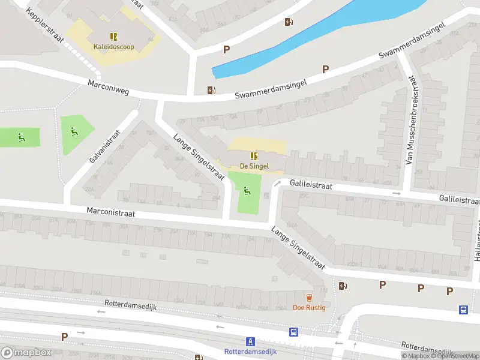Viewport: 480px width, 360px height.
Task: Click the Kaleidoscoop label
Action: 113,46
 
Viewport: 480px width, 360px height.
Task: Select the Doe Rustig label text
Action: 309,308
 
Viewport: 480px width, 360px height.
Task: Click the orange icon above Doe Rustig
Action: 309,298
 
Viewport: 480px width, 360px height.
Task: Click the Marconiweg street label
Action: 108,88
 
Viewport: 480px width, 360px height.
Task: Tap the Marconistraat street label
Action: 110,212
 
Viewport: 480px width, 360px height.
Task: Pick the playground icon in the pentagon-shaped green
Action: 74,131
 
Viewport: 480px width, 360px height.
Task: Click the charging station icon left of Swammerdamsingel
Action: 211,91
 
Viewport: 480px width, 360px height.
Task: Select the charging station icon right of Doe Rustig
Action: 343,286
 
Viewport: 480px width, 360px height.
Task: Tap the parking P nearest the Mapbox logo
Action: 64,337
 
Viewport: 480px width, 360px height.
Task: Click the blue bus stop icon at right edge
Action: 464,310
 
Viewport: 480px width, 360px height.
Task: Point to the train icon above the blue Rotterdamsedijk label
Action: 250,341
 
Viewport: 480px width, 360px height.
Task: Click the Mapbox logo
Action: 26,353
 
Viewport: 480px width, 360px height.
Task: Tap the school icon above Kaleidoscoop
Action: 113,35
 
